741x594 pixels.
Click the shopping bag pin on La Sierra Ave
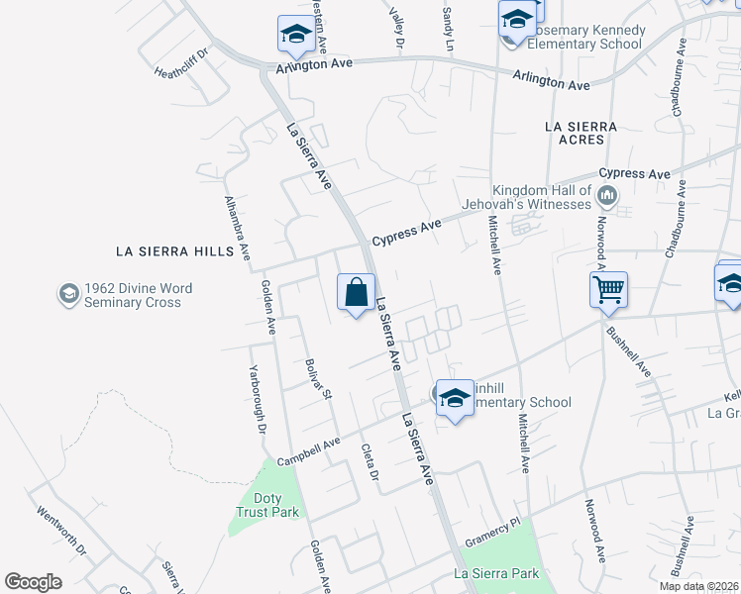click(356, 293)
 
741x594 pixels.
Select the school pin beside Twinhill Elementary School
click(455, 399)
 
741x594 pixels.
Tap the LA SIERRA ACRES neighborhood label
click(582, 134)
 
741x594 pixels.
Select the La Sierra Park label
click(496, 573)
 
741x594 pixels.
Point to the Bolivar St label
click(319, 379)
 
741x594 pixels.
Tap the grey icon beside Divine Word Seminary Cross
click(68, 294)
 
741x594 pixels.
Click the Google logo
click(33, 582)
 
